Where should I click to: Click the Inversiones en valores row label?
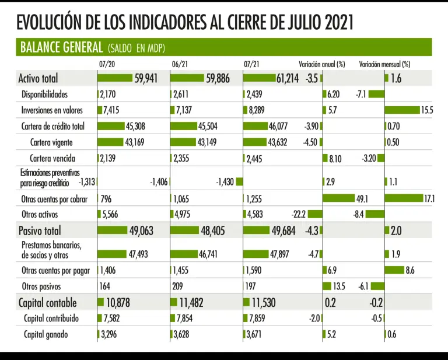point(52,110)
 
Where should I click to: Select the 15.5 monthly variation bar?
point(402,110)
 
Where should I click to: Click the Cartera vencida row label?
point(55,158)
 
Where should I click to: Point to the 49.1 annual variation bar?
point(338,198)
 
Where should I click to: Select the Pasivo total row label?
point(40,230)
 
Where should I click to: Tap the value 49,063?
point(141,230)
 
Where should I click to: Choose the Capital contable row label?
point(47,302)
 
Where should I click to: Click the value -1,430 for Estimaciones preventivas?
point(225,181)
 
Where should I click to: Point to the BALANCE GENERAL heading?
point(62,47)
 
